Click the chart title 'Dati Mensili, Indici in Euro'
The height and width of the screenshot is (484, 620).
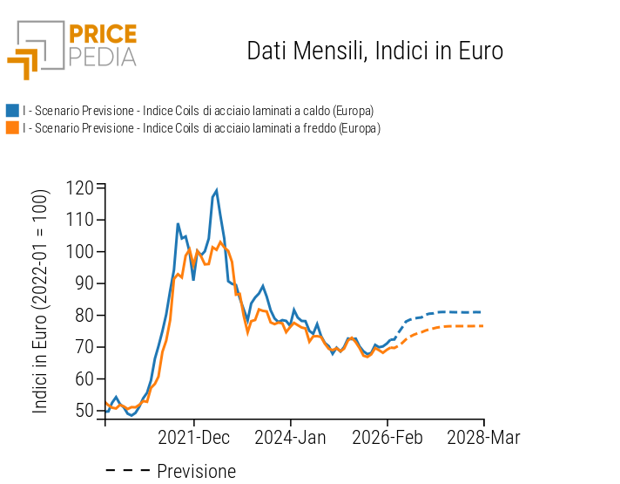click(x=374, y=51)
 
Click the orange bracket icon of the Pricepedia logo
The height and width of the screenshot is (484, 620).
click(x=24, y=64)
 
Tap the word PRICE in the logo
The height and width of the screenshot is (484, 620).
click(x=102, y=35)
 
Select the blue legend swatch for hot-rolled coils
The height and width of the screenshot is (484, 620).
click(x=12, y=111)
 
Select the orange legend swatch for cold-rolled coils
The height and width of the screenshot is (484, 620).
click(x=12, y=128)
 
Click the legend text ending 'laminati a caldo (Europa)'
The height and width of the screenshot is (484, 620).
click(x=199, y=111)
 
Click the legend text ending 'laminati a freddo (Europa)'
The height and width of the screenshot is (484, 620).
click(x=201, y=128)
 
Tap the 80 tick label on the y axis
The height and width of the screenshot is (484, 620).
click(x=84, y=316)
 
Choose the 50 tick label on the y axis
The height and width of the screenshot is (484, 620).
click(x=84, y=411)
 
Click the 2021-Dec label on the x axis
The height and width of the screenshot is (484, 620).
click(x=193, y=437)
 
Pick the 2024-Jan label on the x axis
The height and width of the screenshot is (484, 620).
click(x=290, y=437)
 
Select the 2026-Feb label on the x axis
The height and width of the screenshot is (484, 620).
click(x=387, y=437)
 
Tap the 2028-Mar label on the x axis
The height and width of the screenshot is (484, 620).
click(x=483, y=437)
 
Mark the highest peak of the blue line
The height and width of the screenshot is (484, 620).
click(x=216, y=190)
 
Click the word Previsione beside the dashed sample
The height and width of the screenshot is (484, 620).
click(x=196, y=472)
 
